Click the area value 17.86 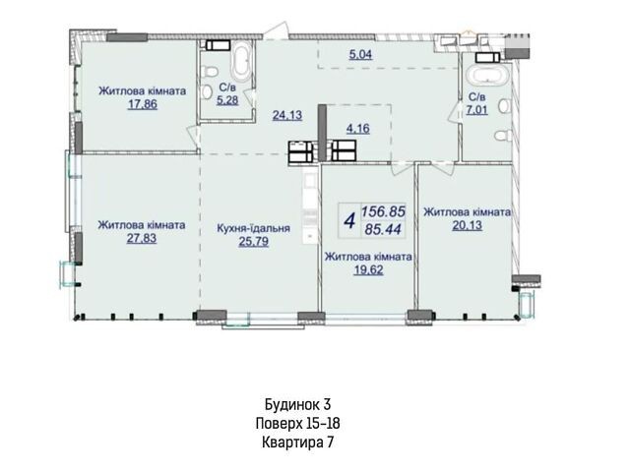[143, 104]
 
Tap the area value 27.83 [142, 238]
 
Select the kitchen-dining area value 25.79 [254, 242]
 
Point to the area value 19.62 [368, 269]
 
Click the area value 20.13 [467, 225]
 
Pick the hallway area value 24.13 [287, 115]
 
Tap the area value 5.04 [360, 54]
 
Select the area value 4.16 [357, 129]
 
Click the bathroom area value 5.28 [227, 99]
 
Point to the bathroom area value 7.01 [476, 109]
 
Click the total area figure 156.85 [383, 211]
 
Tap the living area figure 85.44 [383, 229]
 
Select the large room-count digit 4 [350, 220]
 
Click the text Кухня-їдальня [253, 228]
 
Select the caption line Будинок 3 [297, 404]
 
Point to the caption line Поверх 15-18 [297, 423]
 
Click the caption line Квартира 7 [297, 442]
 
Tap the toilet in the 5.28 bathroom [210, 72]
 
